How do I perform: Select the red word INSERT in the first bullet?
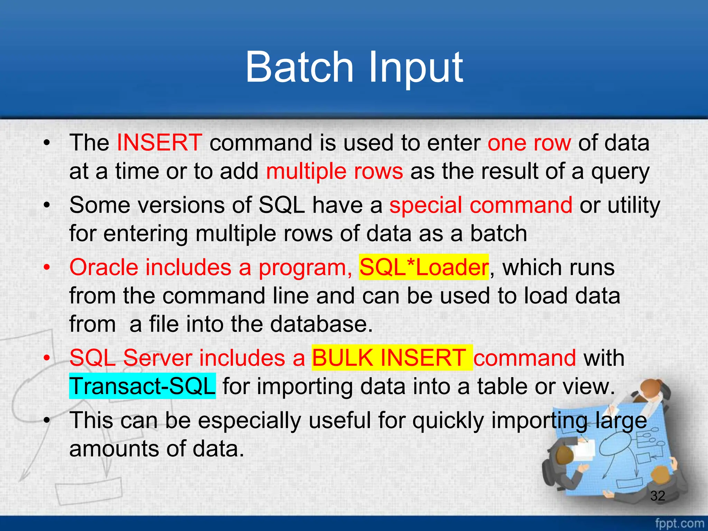pyautogui.click(x=159, y=142)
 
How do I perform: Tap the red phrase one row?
pyautogui.click(x=529, y=142)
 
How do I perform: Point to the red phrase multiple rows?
pyautogui.click(x=334, y=171)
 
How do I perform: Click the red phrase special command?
pyautogui.click(x=481, y=205)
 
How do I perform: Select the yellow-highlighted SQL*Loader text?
pyautogui.click(x=424, y=268)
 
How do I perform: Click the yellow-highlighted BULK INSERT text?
pyautogui.click(x=392, y=358)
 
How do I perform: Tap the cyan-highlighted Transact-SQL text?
pyautogui.click(x=142, y=386)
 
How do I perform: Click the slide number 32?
pyautogui.click(x=658, y=496)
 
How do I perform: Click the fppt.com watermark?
pyautogui.click(x=679, y=523)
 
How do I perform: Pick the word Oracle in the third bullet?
pyautogui.click(x=103, y=268)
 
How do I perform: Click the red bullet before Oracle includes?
pyautogui.click(x=47, y=268)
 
